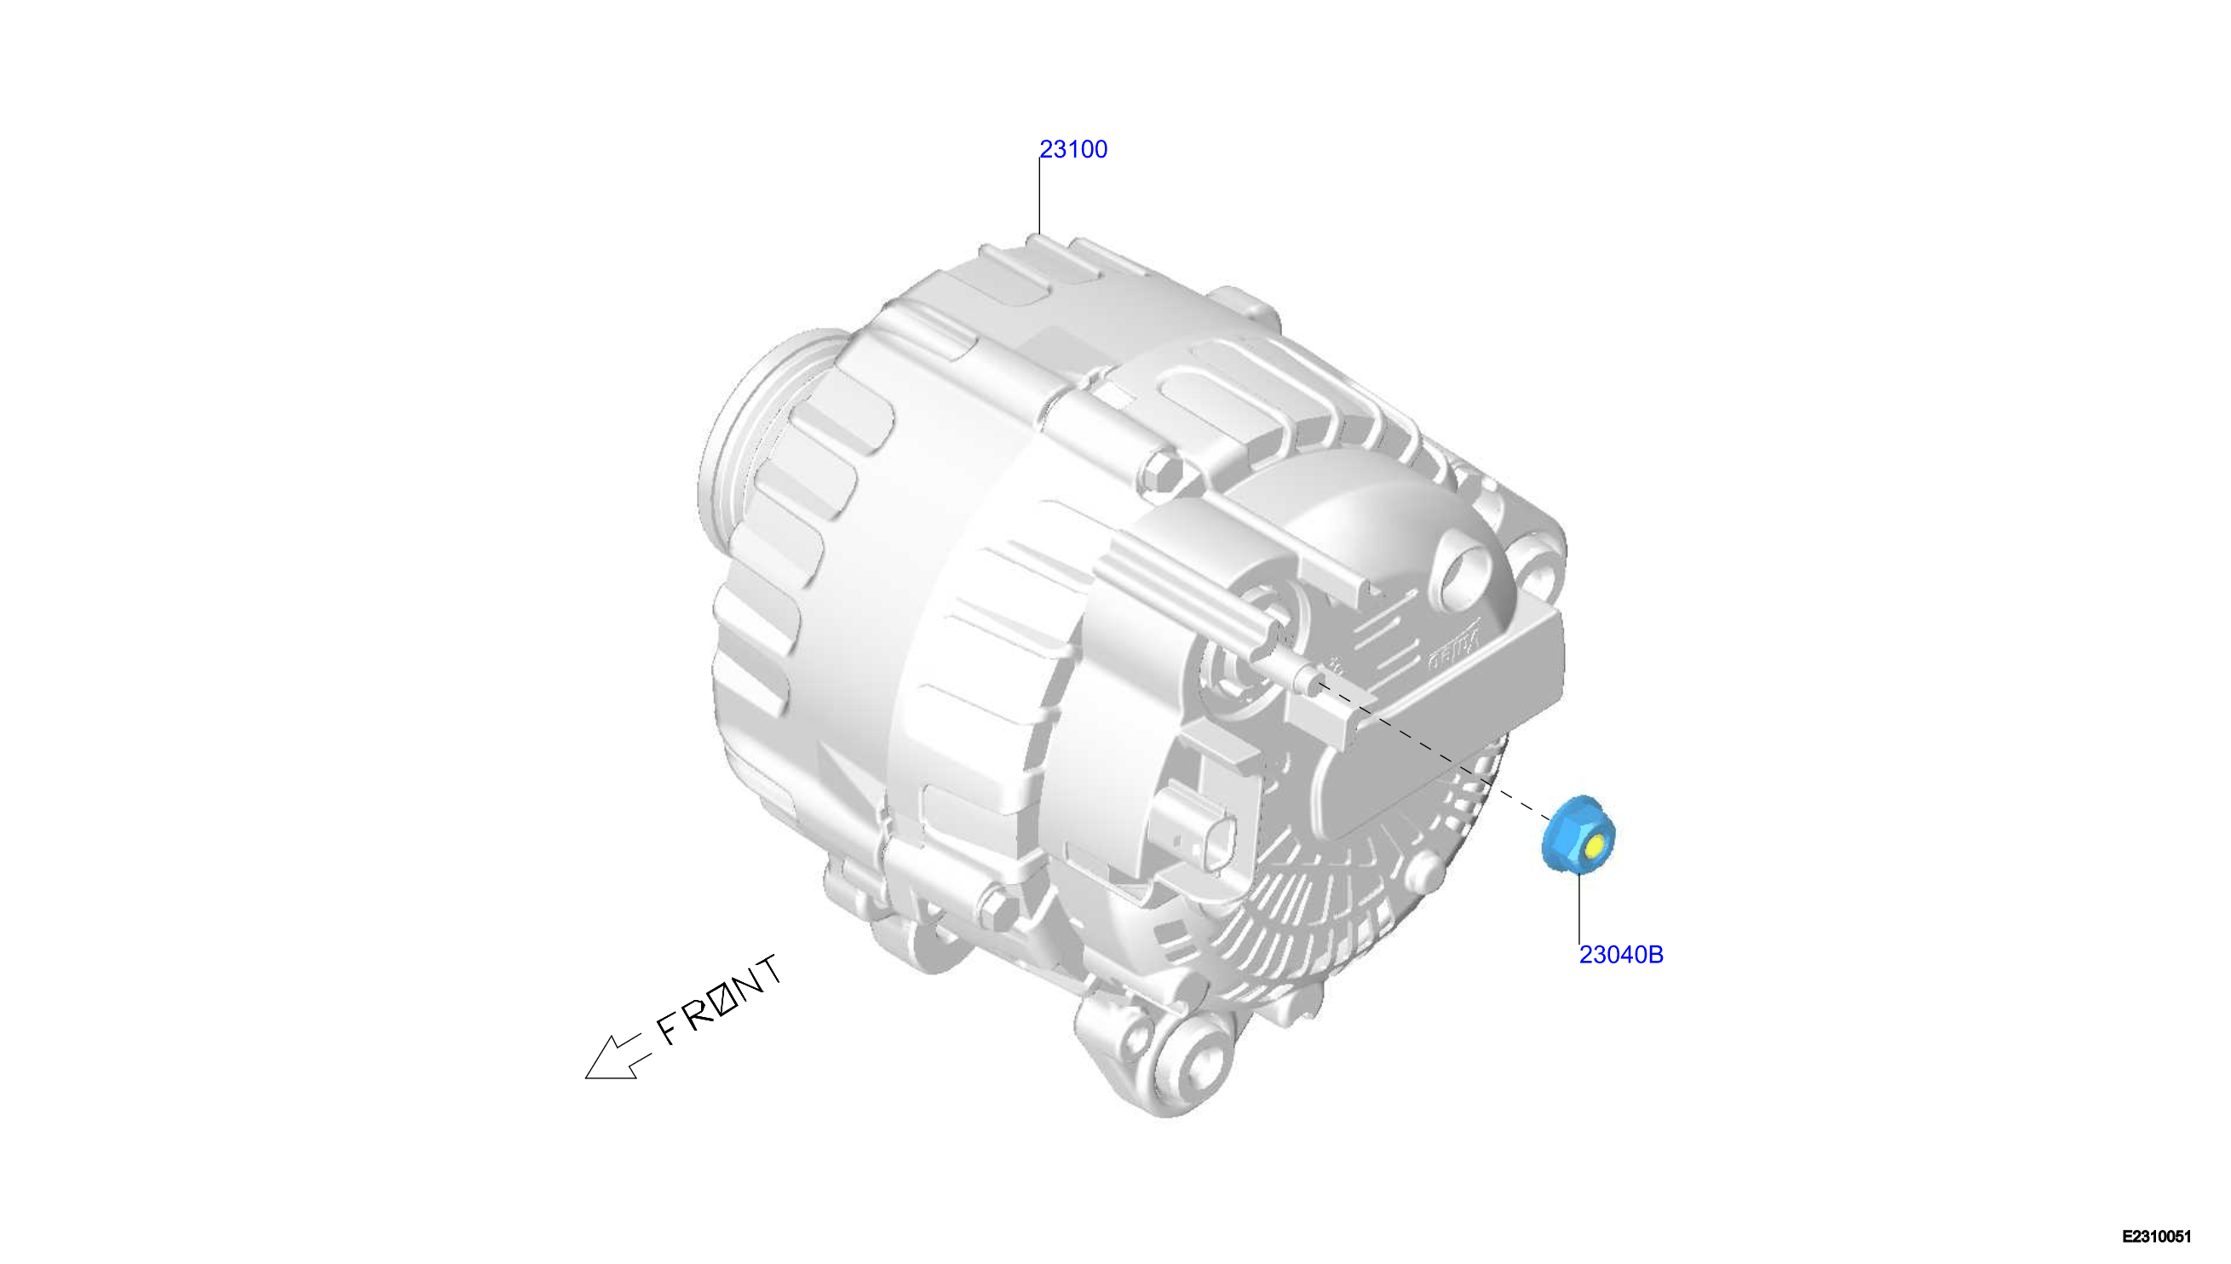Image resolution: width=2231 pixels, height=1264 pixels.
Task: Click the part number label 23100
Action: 1073,149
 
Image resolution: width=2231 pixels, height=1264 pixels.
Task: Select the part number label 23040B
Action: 1621,955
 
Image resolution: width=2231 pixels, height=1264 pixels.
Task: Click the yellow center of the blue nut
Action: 1595,846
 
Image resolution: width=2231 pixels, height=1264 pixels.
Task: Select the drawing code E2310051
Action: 2157,1237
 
